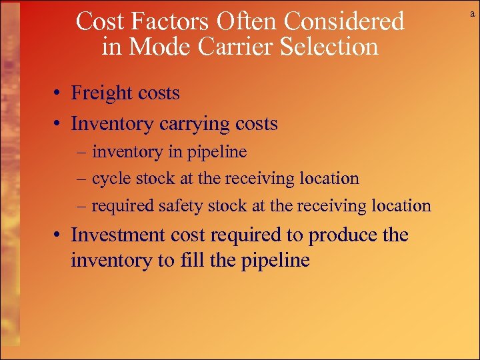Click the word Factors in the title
pyautogui.click(x=159, y=22)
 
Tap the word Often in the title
pyautogui.click(x=241, y=22)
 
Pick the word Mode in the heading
pyautogui.click(x=152, y=47)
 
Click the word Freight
pyautogui.click(x=97, y=93)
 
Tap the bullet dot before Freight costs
pyautogui.click(x=59, y=94)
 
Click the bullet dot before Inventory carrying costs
pyautogui.click(x=59, y=125)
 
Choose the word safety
pyautogui.click(x=180, y=206)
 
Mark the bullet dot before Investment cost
pyautogui.click(x=59, y=236)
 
